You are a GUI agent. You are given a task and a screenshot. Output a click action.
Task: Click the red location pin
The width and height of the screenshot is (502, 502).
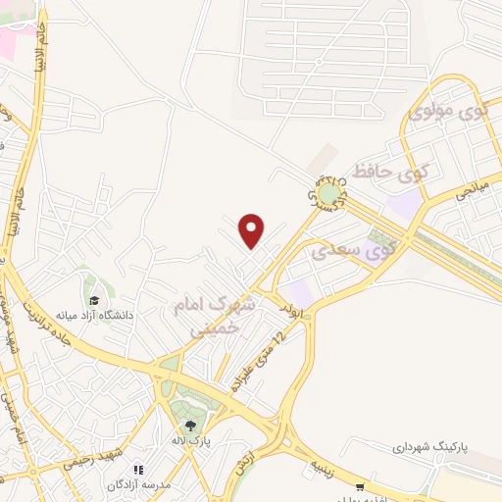pos(253,230)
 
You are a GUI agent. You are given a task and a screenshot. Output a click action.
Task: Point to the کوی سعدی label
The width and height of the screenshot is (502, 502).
pos(354,250)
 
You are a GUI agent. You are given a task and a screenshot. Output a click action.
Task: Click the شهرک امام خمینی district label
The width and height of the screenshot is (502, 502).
pos(214,315)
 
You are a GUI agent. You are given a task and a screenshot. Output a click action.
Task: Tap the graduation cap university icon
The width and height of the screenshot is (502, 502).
pos(94,300)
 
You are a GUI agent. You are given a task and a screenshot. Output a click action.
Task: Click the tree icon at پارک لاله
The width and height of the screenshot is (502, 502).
pos(190,425)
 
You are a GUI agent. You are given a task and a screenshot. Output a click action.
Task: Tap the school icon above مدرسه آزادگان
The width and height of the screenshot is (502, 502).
pos(138,470)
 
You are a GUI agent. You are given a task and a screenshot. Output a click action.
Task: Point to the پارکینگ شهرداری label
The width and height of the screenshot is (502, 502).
pos(431,446)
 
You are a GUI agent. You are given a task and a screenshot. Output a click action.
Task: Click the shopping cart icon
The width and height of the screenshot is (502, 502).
pos(361,486)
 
